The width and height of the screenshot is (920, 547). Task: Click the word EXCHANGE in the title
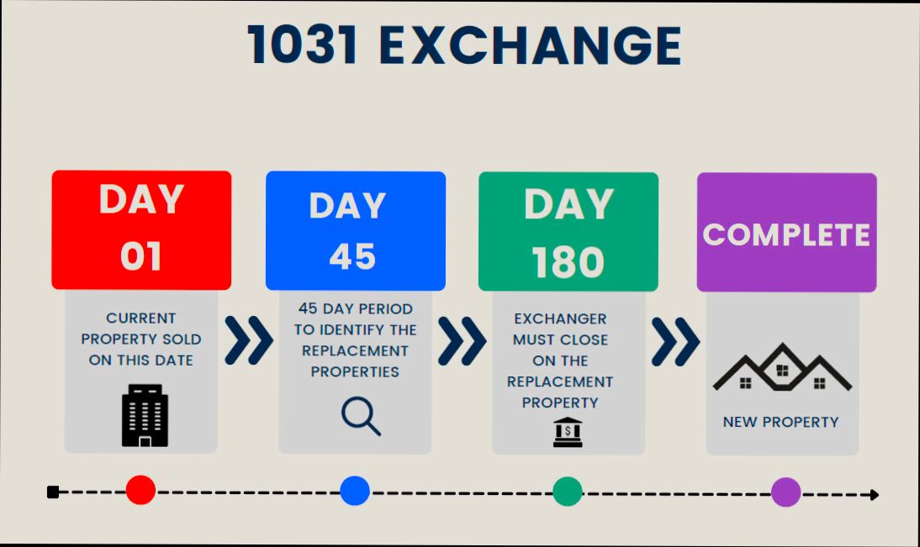(531, 45)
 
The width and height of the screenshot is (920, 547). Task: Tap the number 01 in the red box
(140, 256)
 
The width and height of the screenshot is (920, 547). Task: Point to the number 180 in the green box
(568, 262)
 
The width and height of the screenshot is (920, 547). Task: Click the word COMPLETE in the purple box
(786, 234)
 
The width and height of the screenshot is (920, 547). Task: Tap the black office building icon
(145, 415)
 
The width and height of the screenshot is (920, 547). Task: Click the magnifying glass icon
(361, 416)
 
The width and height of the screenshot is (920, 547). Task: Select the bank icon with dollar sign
(568, 431)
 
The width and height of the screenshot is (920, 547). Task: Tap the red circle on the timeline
(140, 490)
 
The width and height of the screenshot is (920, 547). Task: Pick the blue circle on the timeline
(355, 491)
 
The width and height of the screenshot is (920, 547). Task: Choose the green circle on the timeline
(568, 492)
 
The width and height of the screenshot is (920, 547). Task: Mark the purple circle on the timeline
(786, 492)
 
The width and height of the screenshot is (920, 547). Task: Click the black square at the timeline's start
(53, 492)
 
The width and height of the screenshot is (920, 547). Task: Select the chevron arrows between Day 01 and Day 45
(249, 340)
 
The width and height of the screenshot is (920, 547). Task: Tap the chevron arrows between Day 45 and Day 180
(462, 340)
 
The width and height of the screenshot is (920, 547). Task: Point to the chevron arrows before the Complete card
(675, 340)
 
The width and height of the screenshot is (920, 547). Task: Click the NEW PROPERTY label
(780, 422)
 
